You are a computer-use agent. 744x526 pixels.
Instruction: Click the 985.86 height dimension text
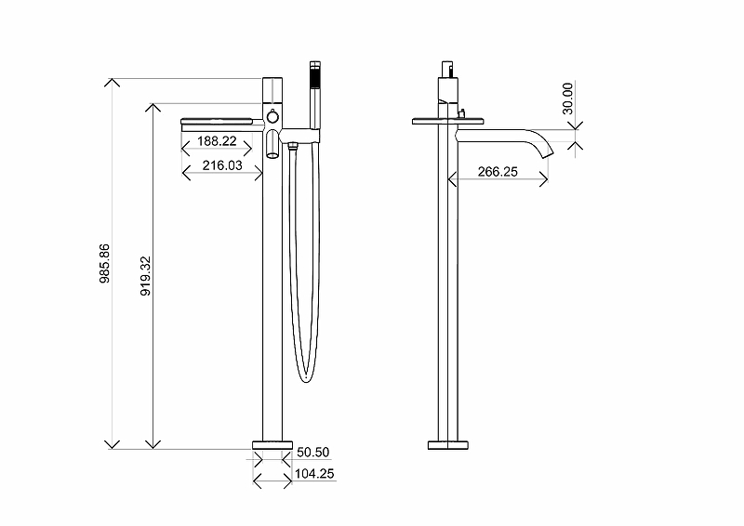pos(105,264)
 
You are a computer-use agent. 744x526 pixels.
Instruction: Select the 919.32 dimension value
pos(145,276)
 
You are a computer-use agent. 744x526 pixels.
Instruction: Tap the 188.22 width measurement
pos(217,141)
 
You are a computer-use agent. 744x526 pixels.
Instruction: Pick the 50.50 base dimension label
pos(313,453)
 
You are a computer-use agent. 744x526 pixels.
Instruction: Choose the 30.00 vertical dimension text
pos(568,98)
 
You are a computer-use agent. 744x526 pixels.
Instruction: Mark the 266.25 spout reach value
pos(498,172)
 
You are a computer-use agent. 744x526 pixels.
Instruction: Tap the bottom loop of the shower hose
pos(306,376)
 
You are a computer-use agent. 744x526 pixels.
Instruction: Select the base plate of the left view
pos(272,442)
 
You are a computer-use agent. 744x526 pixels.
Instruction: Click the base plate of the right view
pos(449,444)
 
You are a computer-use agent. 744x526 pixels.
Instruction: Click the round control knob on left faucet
pos(272,115)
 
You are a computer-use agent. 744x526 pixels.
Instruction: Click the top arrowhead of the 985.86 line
pos(113,82)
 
